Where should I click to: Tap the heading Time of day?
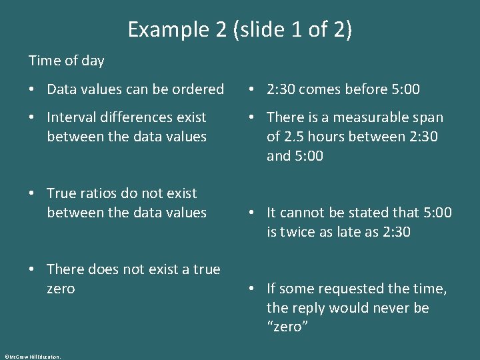click(x=67, y=61)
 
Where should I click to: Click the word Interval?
click(x=72, y=117)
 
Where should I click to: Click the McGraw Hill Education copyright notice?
click(x=32, y=357)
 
